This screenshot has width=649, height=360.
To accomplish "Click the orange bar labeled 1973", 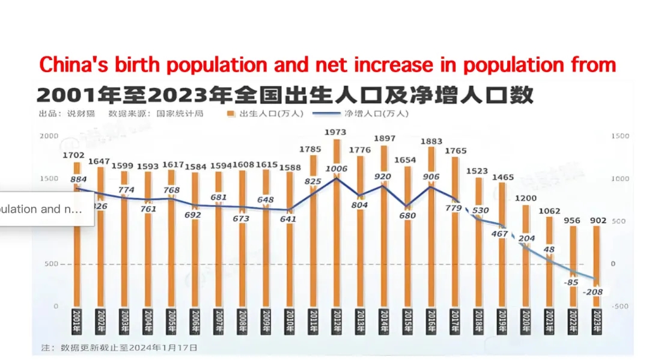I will coord(337,222).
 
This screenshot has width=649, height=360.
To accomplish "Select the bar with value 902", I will coord(597,264).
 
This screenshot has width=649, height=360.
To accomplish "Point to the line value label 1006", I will coord(337,169).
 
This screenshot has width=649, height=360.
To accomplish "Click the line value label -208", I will coord(594,291).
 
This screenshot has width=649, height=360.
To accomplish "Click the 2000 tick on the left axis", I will coord(49,136).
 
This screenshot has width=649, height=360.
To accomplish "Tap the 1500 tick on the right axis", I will coord(620,136).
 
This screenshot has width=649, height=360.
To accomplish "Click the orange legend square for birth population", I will coord(231,114).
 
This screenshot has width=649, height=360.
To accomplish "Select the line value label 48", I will coord(549,248).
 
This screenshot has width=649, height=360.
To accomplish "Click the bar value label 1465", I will coord(502,177).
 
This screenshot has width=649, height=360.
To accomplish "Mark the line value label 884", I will coord(79,178).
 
